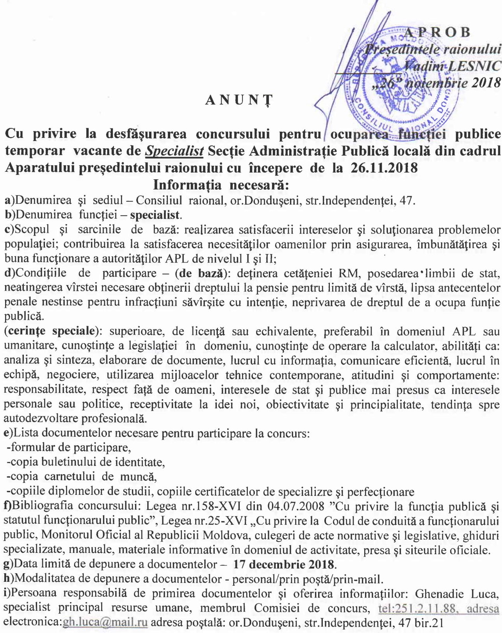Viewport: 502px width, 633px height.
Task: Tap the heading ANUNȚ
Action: click(x=239, y=100)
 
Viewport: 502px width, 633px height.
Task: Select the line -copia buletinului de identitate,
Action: click(x=85, y=462)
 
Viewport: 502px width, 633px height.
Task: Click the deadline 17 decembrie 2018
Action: click(x=284, y=564)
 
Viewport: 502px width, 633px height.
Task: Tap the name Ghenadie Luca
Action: click(x=457, y=594)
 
